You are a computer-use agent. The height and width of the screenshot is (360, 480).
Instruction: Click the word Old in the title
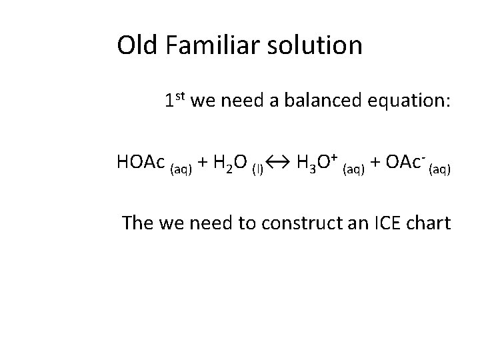click(x=135, y=46)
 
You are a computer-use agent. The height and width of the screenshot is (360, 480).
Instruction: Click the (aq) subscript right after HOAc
click(x=181, y=169)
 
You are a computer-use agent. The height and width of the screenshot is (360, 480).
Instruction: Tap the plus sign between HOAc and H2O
click(x=202, y=163)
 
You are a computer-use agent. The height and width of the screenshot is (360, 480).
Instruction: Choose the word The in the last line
click(x=138, y=222)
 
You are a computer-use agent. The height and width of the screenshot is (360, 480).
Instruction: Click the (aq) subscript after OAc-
click(x=440, y=169)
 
